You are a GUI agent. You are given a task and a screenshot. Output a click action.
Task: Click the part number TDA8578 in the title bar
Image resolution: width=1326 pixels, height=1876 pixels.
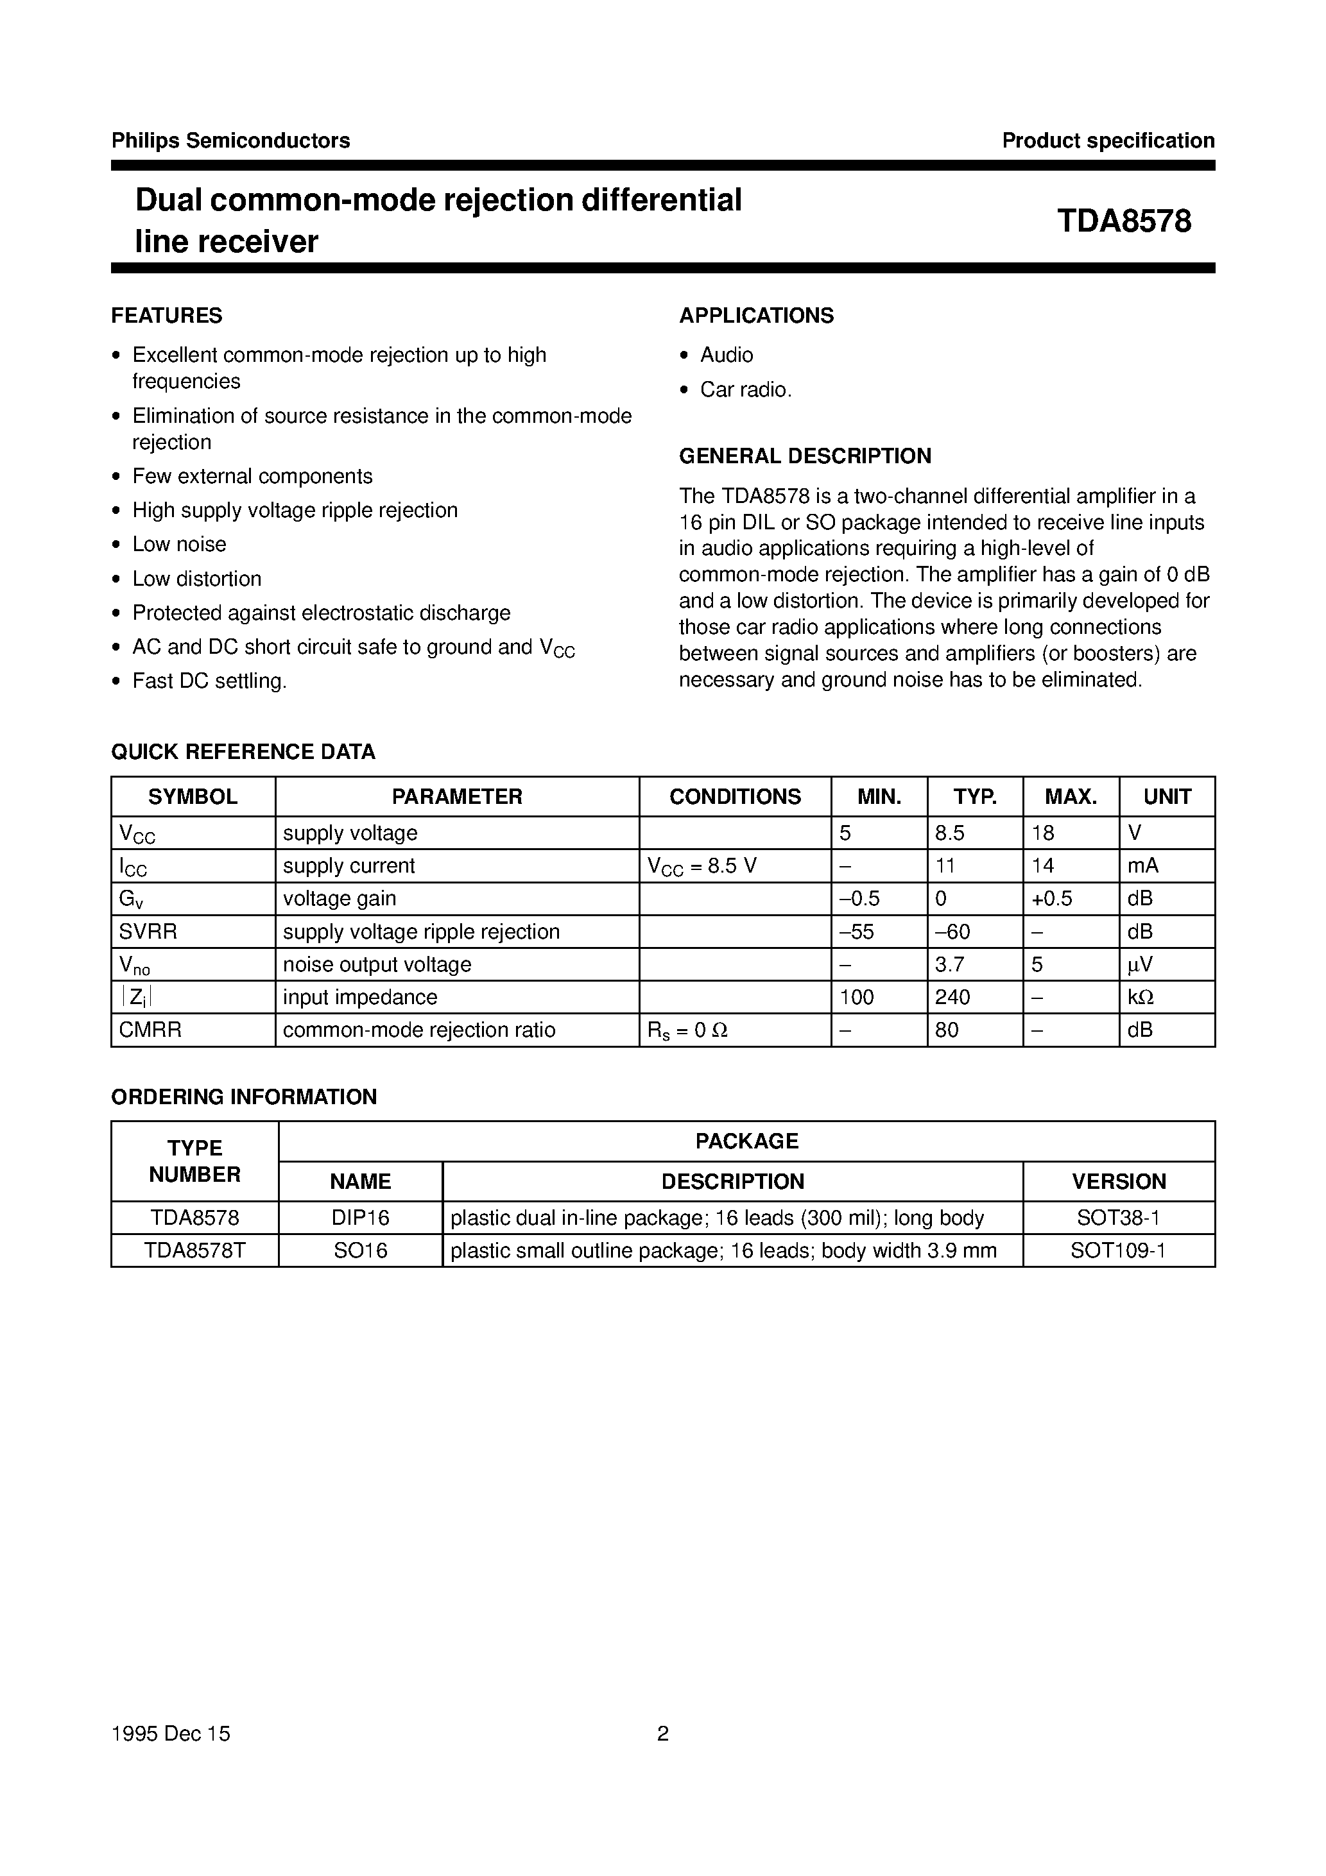[1123, 221]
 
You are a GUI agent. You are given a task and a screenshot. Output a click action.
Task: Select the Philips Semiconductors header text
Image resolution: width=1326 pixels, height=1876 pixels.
[230, 141]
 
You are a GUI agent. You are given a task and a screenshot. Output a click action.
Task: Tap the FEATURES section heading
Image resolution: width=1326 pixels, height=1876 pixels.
[167, 316]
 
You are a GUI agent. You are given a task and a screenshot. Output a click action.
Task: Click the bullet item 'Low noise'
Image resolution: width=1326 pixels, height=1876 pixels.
[179, 544]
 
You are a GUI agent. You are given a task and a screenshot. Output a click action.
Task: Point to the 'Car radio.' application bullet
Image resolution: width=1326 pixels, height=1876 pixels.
[746, 389]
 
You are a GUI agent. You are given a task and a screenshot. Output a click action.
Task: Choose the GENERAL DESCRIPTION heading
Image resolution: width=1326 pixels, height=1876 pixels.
[804, 456]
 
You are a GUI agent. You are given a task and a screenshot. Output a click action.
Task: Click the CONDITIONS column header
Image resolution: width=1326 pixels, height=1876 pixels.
[734, 797]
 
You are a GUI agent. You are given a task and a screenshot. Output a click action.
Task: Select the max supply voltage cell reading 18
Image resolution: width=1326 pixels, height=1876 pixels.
[1043, 833]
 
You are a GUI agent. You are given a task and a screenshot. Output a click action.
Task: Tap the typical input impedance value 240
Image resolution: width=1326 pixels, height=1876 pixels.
[952, 997]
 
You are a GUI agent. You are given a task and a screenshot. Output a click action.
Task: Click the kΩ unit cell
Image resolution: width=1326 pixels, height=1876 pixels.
[1141, 997]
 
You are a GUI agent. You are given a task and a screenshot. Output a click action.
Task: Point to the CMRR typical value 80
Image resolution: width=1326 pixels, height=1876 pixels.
[947, 1030]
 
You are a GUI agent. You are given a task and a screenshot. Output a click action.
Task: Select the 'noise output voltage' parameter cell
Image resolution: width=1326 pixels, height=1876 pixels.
[377, 964]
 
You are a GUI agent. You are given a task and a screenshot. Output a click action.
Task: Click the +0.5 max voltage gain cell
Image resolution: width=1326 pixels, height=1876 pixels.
[1051, 899]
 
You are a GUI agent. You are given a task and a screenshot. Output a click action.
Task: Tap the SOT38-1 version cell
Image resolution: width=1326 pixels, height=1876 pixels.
[1117, 1218]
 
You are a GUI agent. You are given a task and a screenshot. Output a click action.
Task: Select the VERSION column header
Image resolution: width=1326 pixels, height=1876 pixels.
[1118, 1182]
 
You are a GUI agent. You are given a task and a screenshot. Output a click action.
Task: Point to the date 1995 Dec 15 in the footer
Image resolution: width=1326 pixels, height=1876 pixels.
[171, 1734]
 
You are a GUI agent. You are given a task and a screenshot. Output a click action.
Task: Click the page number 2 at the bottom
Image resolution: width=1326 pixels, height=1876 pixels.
[662, 1734]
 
